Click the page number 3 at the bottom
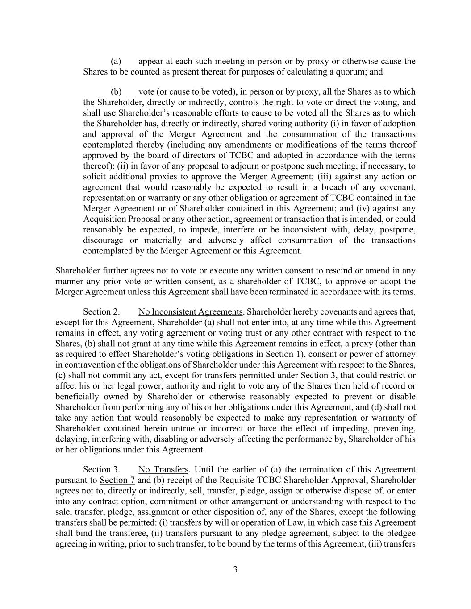coord(235,569)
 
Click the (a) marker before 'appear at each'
coord(116,61)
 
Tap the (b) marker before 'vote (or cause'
coord(116,91)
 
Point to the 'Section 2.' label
coord(101,312)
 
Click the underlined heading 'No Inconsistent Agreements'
coord(191,312)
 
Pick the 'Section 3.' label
coord(101,469)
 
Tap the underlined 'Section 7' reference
coord(117,480)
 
